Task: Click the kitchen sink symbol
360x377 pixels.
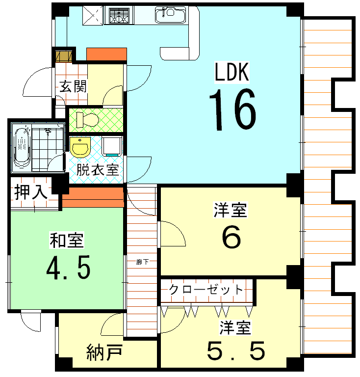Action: click(170, 15)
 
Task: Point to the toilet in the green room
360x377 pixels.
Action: click(86, 119)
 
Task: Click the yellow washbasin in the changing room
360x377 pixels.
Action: click(79, 146)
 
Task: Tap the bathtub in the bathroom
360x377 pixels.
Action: click(22, 146)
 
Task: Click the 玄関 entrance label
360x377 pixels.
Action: click(74, 87)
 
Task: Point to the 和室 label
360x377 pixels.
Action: click(66, 241)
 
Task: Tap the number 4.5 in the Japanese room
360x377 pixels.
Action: click(68, 268)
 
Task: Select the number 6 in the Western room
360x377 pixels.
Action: click(231, 238)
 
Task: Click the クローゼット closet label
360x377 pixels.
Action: click(206, 289)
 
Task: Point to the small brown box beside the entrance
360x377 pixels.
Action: click(63, 55)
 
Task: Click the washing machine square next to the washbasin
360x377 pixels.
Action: click(112, 146)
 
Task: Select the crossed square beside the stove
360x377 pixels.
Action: click(92, 15)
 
